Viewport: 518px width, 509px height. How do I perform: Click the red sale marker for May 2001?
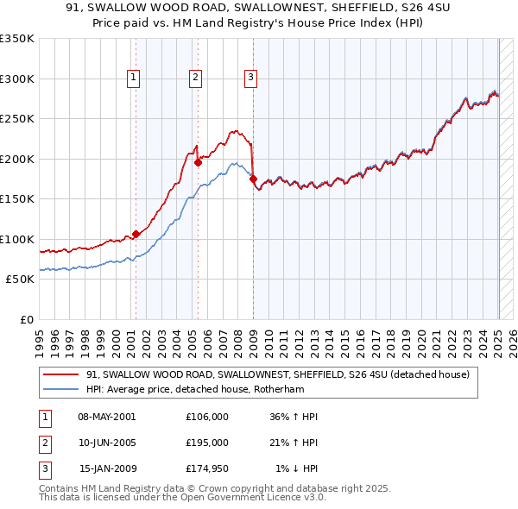136,234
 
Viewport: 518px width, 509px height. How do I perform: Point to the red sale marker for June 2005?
198,161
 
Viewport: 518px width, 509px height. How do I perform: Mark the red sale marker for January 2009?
253,179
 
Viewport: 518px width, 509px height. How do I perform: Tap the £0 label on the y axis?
26,319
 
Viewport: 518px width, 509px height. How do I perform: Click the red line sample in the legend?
60,374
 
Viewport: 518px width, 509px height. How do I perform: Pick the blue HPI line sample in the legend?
60,389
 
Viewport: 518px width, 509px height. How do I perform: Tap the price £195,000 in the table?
206,443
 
